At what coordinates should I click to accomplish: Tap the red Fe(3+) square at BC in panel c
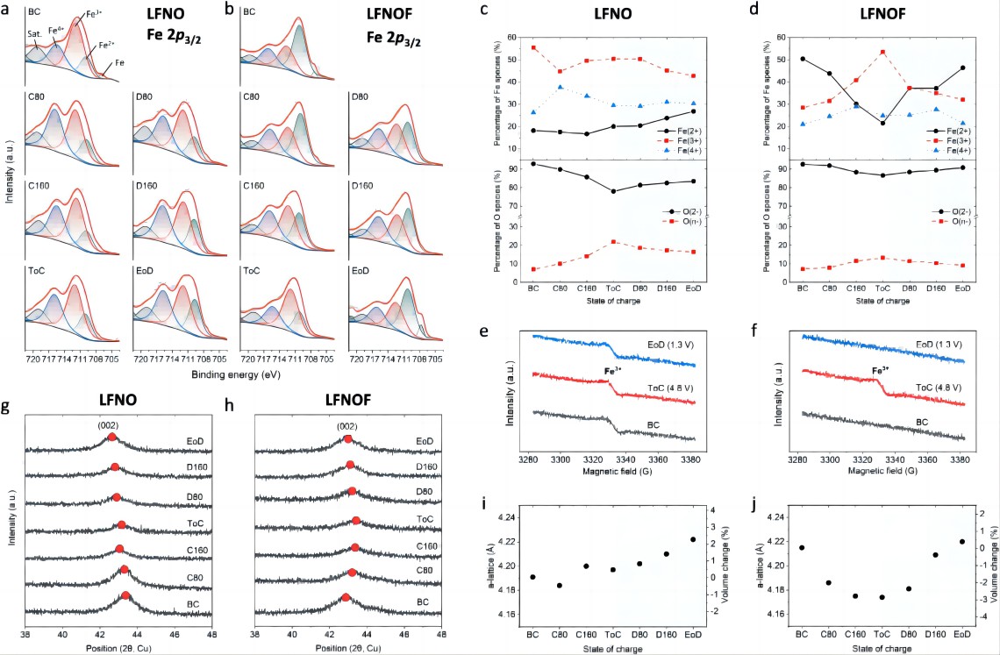coord(533,47)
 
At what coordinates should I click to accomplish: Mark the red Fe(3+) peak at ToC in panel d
coord(882,52)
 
